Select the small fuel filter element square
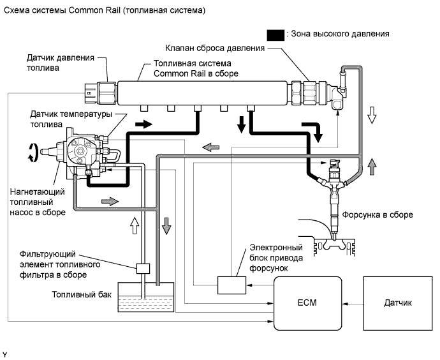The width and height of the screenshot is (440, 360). click(x=143, y=268)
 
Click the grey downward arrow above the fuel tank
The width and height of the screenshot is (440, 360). click(x=166, y=225)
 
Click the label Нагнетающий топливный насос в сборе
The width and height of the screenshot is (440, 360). click(x=37, y=201)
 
